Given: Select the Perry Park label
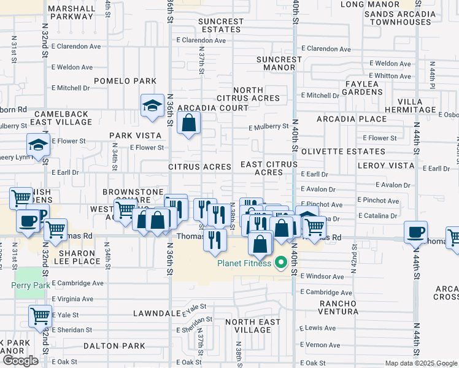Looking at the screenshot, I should point(25,285).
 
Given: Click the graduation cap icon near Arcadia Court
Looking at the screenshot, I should point(151,106).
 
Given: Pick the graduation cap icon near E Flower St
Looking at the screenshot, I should point(37,145).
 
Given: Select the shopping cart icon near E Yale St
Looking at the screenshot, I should point(40,315).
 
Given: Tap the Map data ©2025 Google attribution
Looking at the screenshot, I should point(420,363).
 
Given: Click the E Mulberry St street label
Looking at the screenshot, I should point(268,127).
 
